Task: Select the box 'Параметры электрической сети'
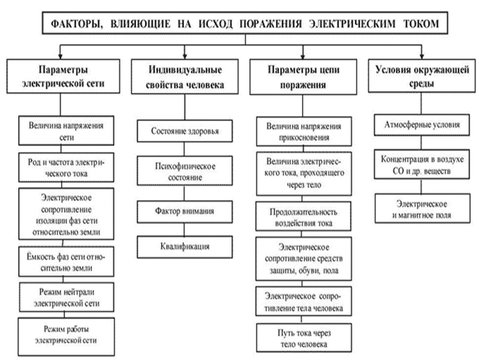(66, 77)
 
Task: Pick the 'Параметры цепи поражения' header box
(303, 77)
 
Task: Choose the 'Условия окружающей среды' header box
(422, 77)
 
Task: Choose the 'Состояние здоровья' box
(185, 131)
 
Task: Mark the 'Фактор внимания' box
(185, 211)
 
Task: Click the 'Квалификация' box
(185, 247)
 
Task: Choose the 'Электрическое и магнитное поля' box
(422, 210)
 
